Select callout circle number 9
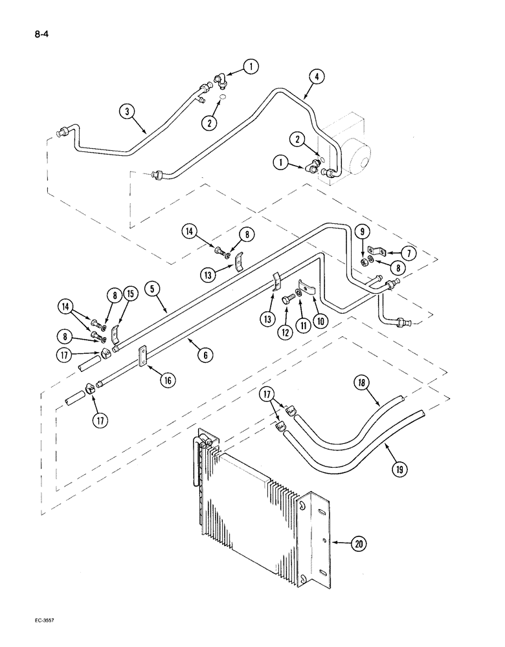pos(363,231)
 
